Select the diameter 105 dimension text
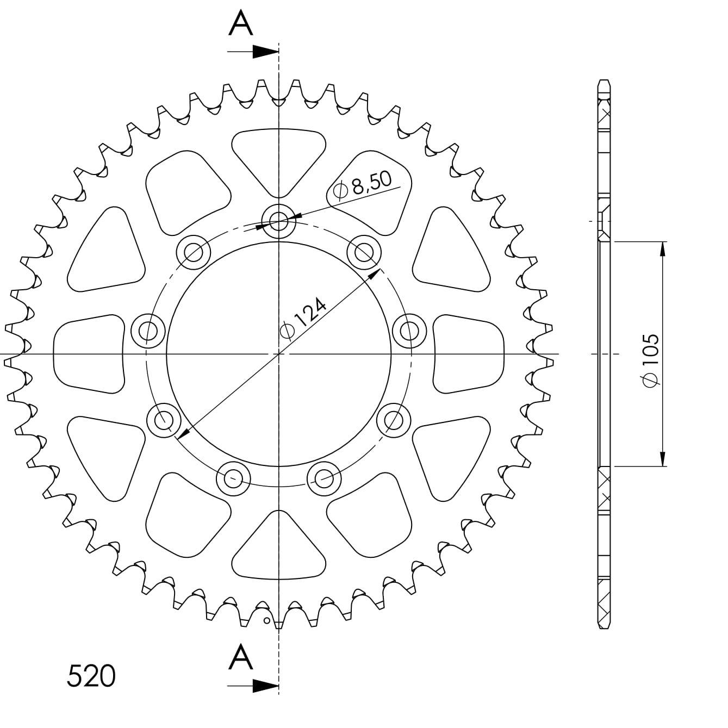651,360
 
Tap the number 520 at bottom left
91,676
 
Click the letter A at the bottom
241,657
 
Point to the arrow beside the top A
265,52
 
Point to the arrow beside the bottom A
265,686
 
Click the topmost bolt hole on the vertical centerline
278,221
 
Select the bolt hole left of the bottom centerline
233,478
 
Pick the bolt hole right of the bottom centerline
324,478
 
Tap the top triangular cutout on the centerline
278,158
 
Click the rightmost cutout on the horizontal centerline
469,354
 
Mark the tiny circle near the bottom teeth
266,620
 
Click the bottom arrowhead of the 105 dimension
663,459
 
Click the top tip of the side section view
604,82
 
